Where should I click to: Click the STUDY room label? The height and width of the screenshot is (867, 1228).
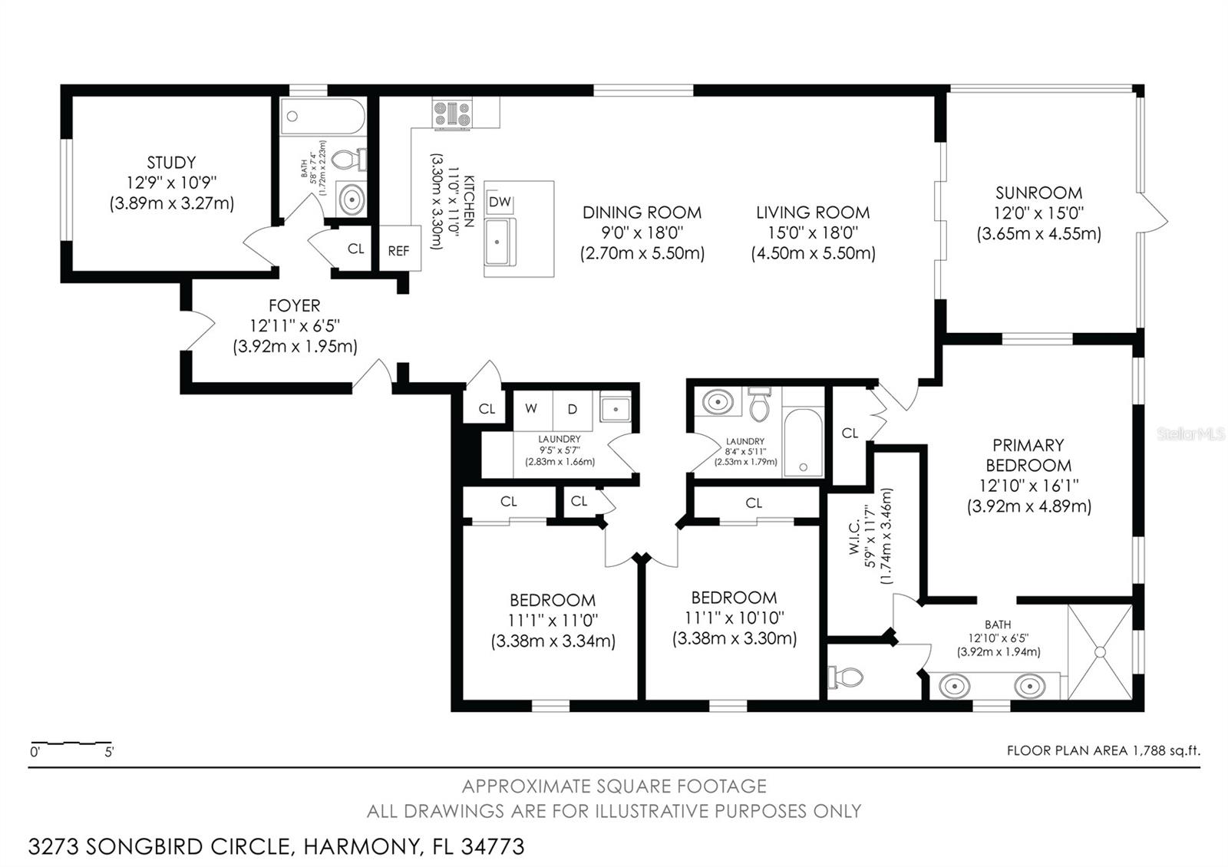tap(171, 163)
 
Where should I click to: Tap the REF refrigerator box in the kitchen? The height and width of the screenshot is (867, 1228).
tap(399, 250)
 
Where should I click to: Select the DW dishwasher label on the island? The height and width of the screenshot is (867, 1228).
tap(500, 202)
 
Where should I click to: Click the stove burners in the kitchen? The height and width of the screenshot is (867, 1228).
tap(452, 114)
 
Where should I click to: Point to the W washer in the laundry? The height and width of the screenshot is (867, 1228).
tap(531, 409)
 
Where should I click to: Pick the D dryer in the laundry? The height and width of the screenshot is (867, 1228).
tap(572, 409)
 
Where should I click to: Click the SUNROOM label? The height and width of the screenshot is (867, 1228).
tap(1038, 193)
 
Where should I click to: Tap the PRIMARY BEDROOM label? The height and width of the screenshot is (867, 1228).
tap(1028, 455)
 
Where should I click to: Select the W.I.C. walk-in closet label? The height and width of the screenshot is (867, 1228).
tap(857, 536)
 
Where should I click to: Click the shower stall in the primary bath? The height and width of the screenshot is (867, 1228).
tap(1099, 651)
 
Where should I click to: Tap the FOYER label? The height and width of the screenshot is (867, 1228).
tap(295, 305)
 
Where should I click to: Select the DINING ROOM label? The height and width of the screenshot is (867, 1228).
tap(642, 213)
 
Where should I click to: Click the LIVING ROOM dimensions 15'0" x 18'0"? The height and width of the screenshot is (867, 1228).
tap(813, 232)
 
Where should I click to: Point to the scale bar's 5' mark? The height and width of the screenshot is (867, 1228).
tap(109, 751)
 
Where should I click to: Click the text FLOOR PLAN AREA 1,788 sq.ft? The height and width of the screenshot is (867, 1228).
tap(1102, 750)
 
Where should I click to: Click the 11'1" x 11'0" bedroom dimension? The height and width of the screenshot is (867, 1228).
tap(553, 620)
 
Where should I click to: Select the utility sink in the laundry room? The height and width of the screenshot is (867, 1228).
tap(615, 410)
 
